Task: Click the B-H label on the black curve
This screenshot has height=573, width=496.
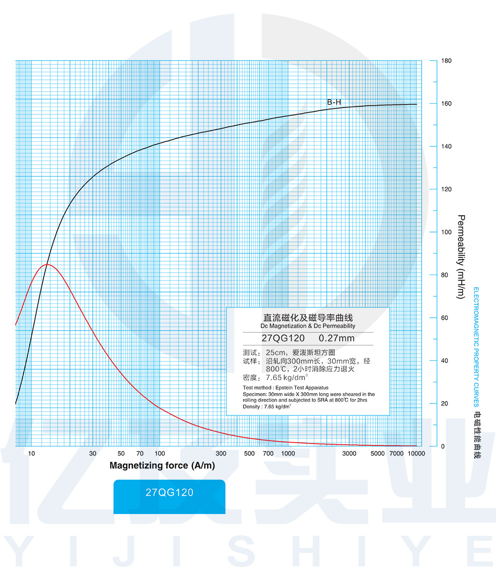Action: tap(334, 103)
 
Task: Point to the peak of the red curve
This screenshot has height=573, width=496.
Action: tap(47, 264)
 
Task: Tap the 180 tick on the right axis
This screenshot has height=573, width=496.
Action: tap(446, 61)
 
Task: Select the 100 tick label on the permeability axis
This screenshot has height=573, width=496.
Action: tap(446, 232)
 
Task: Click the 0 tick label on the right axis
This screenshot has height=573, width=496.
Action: tap(443, 447)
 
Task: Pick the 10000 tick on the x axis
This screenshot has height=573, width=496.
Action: tap(416, 454)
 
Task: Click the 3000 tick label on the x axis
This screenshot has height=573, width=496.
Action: tap(350, 454)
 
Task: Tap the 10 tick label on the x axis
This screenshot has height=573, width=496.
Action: tap(31, 454)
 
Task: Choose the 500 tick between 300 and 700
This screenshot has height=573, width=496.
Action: tap(249, 454)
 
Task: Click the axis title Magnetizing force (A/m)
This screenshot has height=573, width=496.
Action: tap(162, 466)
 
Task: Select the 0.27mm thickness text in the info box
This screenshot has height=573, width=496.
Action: tap(337, 339)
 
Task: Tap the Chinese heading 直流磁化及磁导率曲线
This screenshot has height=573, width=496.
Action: tap(308, 318)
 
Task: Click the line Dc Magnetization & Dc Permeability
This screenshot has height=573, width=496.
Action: tap(308, 326)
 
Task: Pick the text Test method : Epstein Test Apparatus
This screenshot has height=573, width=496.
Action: tap(286, 388)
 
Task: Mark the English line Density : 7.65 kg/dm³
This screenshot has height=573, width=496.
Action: tap(267, 406)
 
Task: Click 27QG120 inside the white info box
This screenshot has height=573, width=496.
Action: tap(283, 339)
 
